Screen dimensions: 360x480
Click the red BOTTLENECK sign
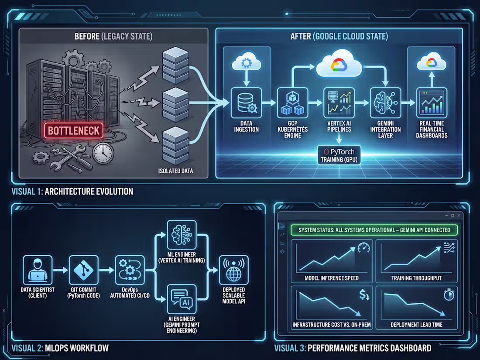[74, 130]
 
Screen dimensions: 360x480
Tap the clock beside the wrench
[103, 153]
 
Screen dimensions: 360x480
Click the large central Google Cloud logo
[339, 66]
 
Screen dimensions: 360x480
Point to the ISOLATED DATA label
[176, 171]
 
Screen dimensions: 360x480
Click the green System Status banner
[374, 230]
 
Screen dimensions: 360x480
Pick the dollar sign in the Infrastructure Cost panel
[363, 295]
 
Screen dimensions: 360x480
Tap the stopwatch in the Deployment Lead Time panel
[449, 295]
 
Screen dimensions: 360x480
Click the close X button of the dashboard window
[459, 216]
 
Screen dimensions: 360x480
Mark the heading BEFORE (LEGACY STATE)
[113, 36]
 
